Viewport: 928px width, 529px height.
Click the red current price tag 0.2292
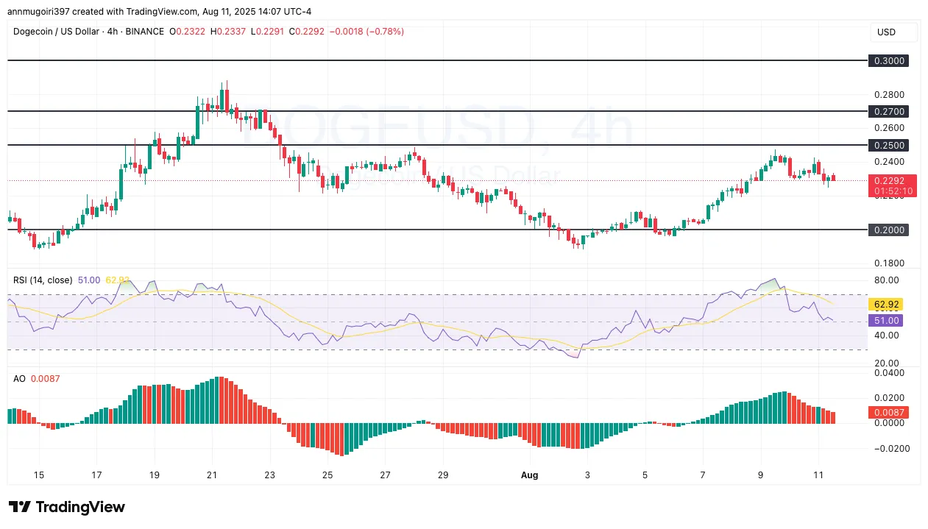pos(893,180)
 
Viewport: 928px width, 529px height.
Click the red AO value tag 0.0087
pos(888,413)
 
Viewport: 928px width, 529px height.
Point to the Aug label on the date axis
pos(530,475)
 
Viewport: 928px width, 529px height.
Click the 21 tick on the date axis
pos(212,475)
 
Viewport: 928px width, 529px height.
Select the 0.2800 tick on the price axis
pos(888,95)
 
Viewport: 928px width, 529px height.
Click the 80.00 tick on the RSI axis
pos(886,280)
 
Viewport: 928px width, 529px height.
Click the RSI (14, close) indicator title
pos(43,280)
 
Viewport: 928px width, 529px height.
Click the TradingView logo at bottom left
pos(67,507)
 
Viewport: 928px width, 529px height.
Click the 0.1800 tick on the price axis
pos(888,263)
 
